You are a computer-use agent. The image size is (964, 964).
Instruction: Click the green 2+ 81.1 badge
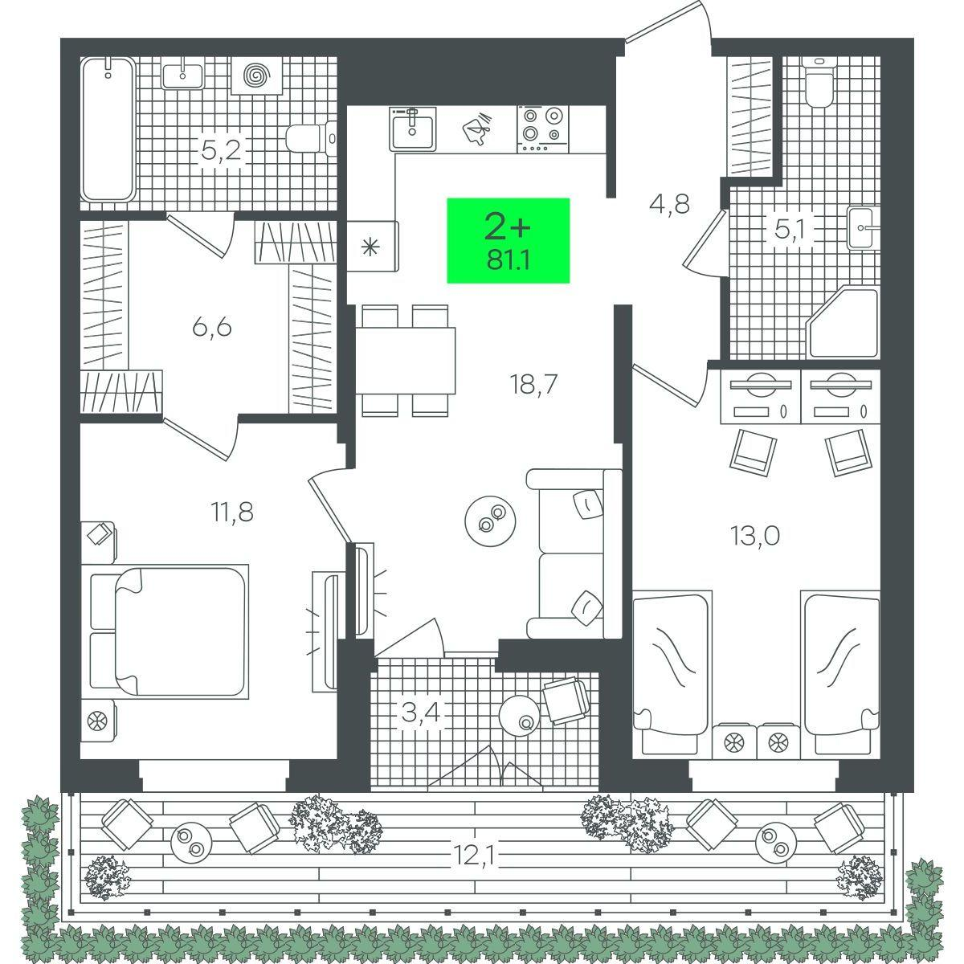(508, 241)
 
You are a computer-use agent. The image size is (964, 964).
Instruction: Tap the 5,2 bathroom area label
(221, 149)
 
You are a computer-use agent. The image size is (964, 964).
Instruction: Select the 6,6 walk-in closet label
(211, 328)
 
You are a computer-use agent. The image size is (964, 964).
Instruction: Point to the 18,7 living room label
(533, 384)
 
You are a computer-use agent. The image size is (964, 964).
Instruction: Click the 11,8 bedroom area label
(232, 512)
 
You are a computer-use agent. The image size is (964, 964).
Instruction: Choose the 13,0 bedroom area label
(755, 537)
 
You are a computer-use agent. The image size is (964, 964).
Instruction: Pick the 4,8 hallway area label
(669, 204)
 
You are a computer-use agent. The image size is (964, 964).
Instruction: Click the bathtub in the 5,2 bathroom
(108, 129)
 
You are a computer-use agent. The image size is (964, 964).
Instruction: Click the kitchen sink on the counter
(413, 129)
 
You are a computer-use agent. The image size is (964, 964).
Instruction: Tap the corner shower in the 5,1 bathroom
(844, 322)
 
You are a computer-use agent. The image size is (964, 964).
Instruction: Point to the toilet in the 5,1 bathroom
(819, 82)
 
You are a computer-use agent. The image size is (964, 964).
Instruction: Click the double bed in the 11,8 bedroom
(170, 631)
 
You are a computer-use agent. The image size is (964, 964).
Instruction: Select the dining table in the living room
(406, 361)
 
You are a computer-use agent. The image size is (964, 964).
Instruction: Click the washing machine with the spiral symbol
(257, 75)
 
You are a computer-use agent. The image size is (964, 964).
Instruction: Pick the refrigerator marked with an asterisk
(372, 246)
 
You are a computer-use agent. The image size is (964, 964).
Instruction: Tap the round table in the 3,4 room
(520, 716)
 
